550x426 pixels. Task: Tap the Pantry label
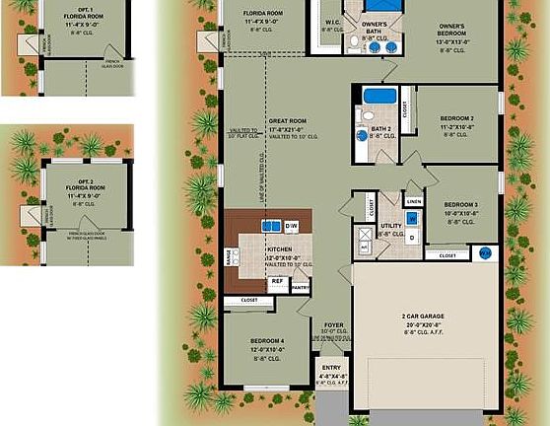click(300, 288)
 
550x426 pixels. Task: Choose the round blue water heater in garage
click(484, 253)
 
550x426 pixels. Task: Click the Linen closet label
click(413, 201)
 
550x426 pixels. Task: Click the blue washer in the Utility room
click(411, 219)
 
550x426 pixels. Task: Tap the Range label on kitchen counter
click(230, 257)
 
